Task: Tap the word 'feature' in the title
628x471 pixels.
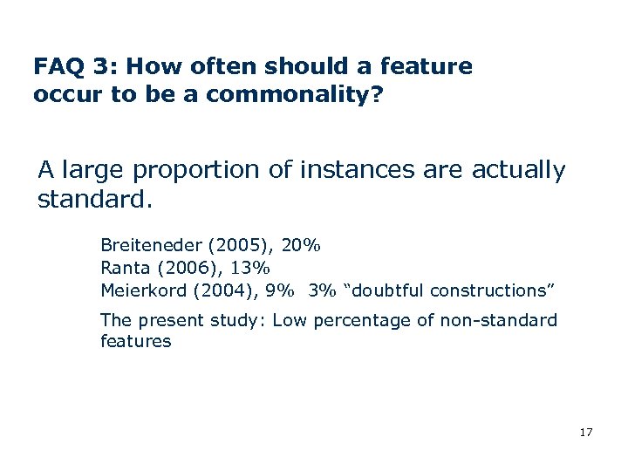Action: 434,66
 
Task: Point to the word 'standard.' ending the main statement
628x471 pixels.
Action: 95,201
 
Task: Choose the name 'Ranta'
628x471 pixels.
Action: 126,268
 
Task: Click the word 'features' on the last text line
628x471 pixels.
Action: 136,341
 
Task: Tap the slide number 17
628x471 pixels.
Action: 585,432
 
